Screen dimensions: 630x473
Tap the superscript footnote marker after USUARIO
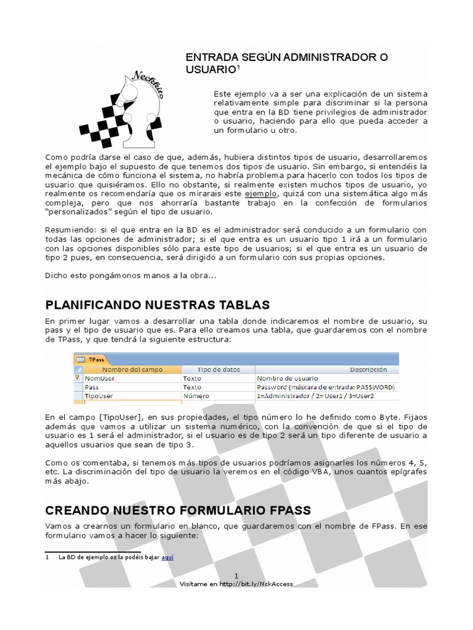click(238, 67)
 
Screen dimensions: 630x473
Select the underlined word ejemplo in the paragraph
click(261, 193)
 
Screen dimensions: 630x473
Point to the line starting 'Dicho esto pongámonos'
click(131, 275)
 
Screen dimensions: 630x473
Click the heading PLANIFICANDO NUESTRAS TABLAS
click(158, 305)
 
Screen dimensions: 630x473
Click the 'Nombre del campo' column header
click(131, 370)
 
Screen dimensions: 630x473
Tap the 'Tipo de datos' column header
click(217, 370)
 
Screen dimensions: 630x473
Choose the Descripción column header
click(368, 370)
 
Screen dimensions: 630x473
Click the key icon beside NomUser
click(77, 378)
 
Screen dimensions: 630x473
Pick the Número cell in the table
click(196, 396)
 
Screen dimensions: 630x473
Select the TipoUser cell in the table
click(99, 396)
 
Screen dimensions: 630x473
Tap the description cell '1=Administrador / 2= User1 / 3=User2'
click(315, 396)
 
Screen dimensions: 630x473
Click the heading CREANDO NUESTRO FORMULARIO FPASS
click(178, 510)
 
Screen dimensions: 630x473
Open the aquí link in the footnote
click(168, 557)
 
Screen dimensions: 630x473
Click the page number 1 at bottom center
click(236, 575)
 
